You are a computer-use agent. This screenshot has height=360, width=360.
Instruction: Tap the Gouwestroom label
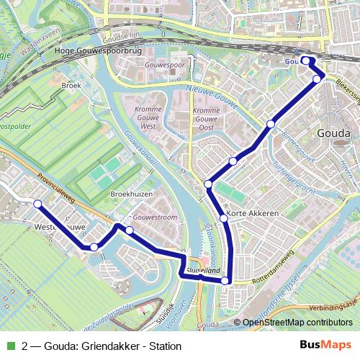(x=155, y=217)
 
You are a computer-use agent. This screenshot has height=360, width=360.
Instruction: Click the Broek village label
(x=71, y=85)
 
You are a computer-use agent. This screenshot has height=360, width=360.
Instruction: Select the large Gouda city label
(x=333, y=133)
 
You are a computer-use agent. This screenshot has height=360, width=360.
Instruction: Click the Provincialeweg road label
(x=58, y=184)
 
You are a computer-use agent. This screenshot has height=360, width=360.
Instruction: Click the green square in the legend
(x=9, y=346)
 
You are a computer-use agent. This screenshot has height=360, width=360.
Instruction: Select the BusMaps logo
(x=326, y=346)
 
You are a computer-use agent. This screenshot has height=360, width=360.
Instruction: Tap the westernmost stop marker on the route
(x=37, y=204)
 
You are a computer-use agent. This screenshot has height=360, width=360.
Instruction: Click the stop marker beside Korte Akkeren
(x=223, y=217)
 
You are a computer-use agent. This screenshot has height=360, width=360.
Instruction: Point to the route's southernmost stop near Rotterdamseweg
(x=225, y=281)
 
